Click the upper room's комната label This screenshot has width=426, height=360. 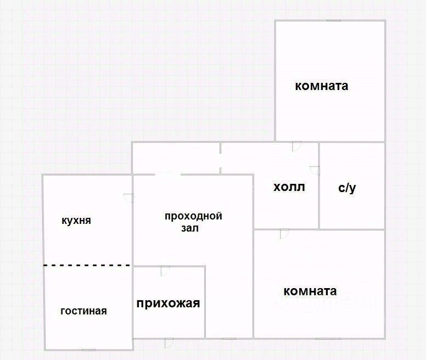coord(322,86)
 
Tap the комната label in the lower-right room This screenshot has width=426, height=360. coord(310,291)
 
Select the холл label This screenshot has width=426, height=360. coord(289,187)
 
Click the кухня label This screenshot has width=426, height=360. coord(76,221)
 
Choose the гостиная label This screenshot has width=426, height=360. coord(83,311)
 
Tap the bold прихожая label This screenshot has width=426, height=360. coord(168,303)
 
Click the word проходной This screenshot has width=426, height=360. coord(193,216)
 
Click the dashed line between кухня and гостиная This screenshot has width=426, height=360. coord(87,265)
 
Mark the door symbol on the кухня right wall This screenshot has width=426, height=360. coord(128,198)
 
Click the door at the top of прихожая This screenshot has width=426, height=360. coord(165,270)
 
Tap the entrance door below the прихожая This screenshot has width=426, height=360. coord(169,342)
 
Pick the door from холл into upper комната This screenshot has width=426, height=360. coord(296,147)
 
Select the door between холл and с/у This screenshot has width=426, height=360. coord(315,170)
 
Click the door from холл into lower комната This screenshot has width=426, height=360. coord(284,233)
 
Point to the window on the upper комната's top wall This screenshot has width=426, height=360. coord(334,21)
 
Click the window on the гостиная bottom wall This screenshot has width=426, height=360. coord(88,350)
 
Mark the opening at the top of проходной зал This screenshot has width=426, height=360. coord(167,175)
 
